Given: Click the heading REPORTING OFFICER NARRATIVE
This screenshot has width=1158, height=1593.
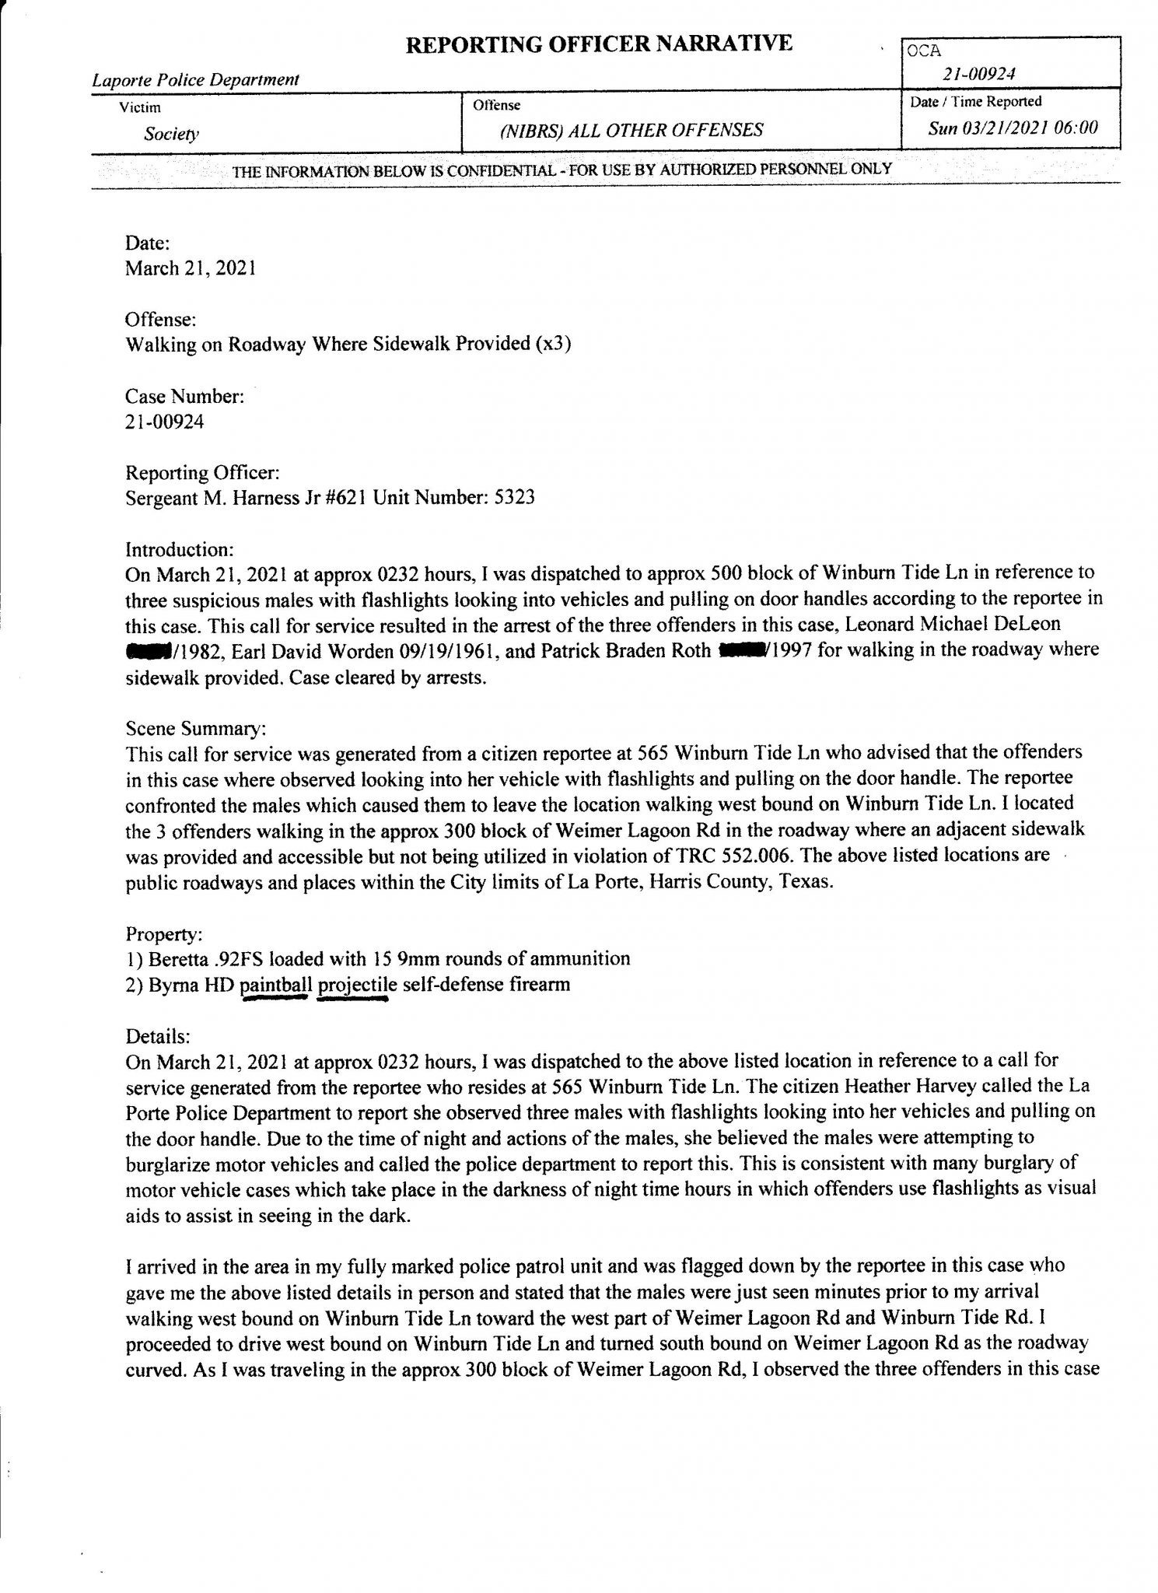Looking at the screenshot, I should pyautogui.click(x=599, y=44).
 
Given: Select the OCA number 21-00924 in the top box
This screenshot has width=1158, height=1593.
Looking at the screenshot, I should pyautogui.click(x=979, y=75).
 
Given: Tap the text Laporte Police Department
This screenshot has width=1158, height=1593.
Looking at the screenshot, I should pyautogui.click(x=195, y=79).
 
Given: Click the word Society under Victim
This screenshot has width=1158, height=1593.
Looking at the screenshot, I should pyautogui.click(x=171, y=134).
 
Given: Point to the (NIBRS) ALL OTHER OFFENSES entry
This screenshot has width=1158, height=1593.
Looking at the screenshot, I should pyautogui.click(x=631, y=130).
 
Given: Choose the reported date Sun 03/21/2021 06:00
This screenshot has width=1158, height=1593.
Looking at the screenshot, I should pyautogui.click(x=1013, y=128).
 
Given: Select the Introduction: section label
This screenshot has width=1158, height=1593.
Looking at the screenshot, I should pyautogui.click(x=180, y=549).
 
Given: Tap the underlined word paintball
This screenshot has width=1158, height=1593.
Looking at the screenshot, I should pyautogui.click(x=277, y=985).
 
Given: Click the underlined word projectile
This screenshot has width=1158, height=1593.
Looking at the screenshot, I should pyautogui.click(x=358, y=985).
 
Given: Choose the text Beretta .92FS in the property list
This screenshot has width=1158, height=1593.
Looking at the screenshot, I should pyautogui.click(x=194, y=959).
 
